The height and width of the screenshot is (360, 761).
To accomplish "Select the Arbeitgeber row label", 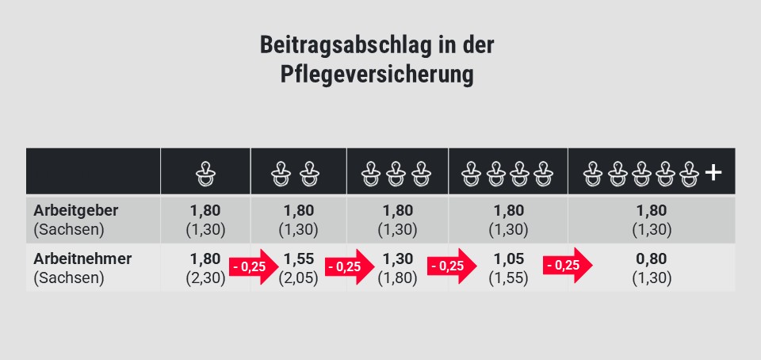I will (75, 212).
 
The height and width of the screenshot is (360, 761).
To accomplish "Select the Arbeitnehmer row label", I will (82, 259).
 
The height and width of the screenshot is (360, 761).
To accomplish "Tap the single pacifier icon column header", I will (205, 172).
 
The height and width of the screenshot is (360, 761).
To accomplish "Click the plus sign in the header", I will (713, 171).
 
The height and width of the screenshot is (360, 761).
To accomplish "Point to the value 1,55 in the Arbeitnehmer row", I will (298, 259).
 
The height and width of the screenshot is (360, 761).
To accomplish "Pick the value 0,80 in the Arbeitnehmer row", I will (651, 259).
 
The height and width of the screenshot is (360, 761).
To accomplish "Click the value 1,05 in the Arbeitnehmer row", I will (508, 259).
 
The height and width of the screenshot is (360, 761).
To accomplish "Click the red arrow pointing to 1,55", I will (253, 266).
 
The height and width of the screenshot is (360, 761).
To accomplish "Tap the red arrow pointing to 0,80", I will (567, 266).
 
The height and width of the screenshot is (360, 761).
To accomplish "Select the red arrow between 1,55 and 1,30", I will (349, 266).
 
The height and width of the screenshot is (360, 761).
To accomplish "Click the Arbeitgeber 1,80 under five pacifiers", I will (651, 211).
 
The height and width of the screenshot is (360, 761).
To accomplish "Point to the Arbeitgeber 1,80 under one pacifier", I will (205, 211).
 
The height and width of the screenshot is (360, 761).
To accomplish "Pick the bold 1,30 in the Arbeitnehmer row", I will (398, 259).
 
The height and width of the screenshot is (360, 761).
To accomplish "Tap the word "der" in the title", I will (478, 45).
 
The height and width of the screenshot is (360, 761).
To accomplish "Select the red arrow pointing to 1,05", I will (452, 266).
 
